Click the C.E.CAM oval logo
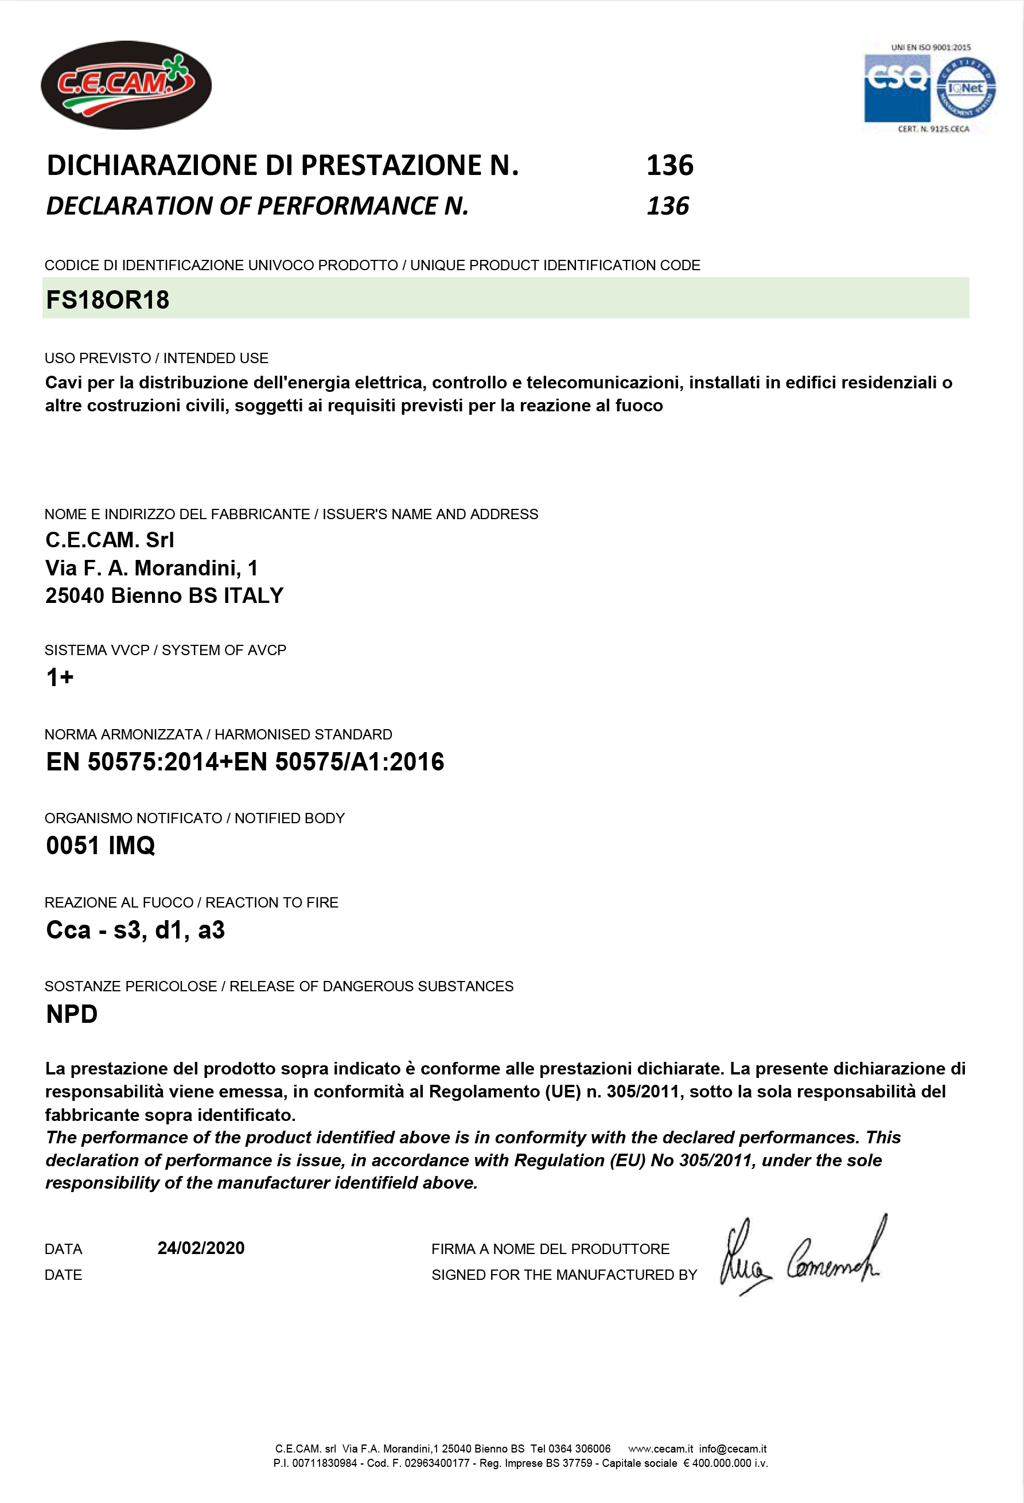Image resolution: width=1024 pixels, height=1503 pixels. (x=126, y=85)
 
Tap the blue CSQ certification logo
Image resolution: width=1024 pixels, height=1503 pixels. (x=897, y=88)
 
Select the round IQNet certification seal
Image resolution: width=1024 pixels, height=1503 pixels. (x=966, y=88)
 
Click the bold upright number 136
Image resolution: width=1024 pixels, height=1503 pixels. (x=669, y=166)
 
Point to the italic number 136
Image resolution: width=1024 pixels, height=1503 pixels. (x=668, y=207)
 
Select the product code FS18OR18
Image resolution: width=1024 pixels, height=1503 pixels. (x=107, y=300)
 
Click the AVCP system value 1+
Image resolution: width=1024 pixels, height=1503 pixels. (x=60, y=677)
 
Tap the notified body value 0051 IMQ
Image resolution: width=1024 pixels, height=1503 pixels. (x=100, y=845)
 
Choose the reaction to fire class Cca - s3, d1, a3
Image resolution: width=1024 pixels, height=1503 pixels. (x=135, y=930)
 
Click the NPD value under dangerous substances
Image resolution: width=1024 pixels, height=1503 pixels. (x=72, y=1014)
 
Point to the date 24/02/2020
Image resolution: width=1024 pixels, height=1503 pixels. (x=201, y=1248)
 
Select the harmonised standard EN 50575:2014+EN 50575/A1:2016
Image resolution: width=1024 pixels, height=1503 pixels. (x=244, y=762)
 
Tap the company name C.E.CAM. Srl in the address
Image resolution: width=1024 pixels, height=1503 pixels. (x=110, y=540)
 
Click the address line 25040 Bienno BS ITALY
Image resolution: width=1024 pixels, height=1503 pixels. (x=164, y=595)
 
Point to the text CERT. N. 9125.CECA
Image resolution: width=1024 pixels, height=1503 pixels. (x=933, y=129)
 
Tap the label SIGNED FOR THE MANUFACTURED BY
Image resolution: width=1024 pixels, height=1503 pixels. (x=563, y=1275)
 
